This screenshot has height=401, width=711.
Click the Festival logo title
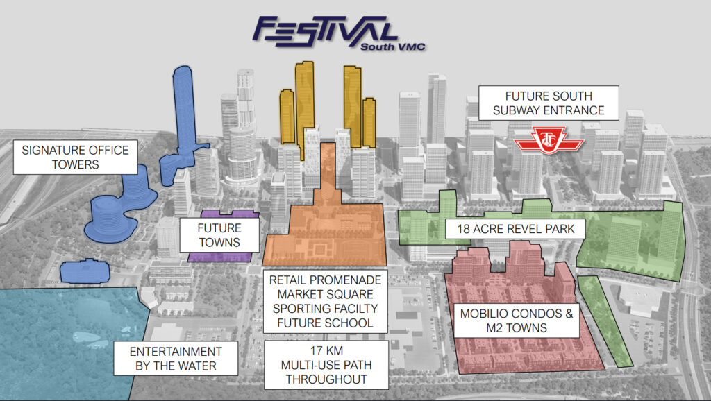325,32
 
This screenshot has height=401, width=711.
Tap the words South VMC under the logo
393,46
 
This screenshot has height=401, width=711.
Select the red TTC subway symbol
549,140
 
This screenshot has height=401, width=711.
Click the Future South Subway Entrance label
549,103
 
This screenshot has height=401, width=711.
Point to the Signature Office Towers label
75,157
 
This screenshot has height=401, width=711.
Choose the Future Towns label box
219,235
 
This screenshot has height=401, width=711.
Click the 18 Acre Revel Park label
516,229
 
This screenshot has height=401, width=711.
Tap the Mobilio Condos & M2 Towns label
517,321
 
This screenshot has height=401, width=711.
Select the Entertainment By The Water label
176,359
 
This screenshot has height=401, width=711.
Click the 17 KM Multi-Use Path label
326,365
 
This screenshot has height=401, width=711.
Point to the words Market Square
325,294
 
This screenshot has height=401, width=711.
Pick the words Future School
325,323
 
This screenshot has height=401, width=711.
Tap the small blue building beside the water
85,271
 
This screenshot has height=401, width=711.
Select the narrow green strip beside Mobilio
605,321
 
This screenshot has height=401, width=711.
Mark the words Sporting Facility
325,309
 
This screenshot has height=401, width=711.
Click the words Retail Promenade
325,280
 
